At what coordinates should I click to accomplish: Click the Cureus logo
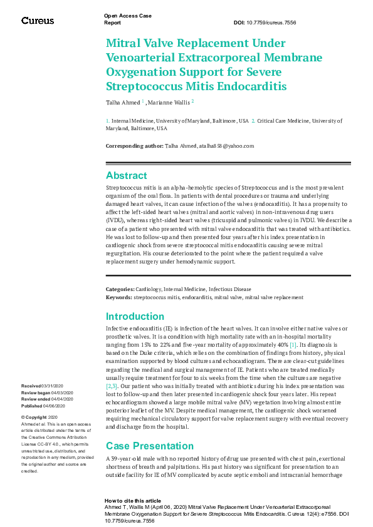(38, 21)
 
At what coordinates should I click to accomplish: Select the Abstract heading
(126, 176)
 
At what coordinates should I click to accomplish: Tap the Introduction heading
(135, 316)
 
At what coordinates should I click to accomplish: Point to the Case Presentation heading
(146, 428)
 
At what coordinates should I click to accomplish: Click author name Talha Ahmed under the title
(122, 101)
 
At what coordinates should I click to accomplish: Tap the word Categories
(119, 289)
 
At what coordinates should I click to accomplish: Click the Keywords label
(118, 297)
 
